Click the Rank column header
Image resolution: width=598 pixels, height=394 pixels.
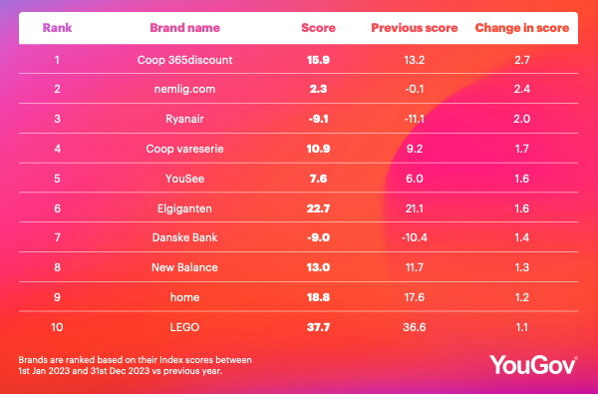tap(57, 28)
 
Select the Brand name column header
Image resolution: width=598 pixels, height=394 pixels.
tap(185, 28)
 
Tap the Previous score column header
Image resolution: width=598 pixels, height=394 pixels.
tap(415, 28)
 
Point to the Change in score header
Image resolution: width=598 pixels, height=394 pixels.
tap(522, 28)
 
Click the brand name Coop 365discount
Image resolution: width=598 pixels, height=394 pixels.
tap(185, 60)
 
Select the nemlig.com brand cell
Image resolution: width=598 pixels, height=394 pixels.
tap(185, 90)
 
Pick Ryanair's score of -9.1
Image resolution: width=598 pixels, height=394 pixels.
tap(319, 119)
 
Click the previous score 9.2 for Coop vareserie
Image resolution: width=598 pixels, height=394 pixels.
tap(415, 149)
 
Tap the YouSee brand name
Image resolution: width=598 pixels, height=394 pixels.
tap(185, 179)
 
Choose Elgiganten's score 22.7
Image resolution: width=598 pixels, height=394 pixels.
tap(319, 208)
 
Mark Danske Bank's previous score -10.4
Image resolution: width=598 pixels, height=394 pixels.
tap(415, 237)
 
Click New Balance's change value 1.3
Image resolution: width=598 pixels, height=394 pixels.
tap(522, 267)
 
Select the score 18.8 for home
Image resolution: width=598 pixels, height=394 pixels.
tap(319, 297)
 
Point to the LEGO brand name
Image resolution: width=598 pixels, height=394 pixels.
tap(185, 327)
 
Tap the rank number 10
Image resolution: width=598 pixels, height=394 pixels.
tap(57, 327)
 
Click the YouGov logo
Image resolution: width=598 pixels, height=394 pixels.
tap(533, 365)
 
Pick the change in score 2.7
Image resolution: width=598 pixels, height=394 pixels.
tap(522, 60)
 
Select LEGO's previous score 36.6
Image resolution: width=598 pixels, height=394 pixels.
tap(415, 327)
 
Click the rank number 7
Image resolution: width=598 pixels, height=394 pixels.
tap(57, 237)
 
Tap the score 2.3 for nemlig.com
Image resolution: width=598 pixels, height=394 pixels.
tap(319, 90)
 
